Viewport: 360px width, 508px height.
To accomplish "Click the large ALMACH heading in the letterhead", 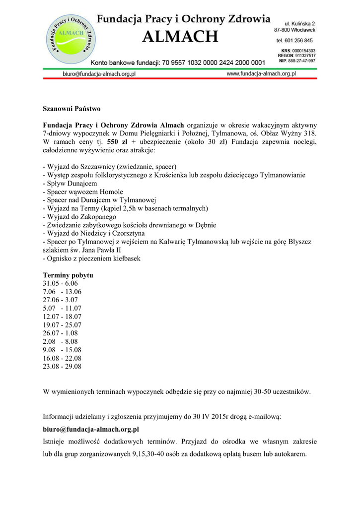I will pos(180,37).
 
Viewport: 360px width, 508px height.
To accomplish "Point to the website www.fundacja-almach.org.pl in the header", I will pos(261,73).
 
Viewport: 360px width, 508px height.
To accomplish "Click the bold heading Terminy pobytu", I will pos(68,275).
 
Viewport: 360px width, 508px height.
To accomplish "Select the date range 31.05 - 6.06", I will pos(61,283).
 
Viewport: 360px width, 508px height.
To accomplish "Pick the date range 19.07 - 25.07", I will pos(62,325).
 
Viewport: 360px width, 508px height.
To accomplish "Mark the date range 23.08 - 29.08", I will pos(62,367).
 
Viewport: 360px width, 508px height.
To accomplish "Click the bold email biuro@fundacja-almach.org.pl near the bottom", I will pos(91,429).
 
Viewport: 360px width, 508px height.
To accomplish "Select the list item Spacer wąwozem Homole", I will pos(83,192).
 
